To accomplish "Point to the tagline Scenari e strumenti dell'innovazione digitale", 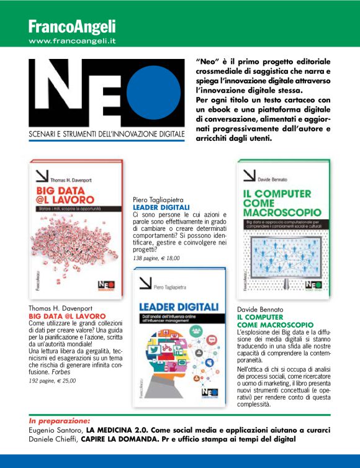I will [107, 133].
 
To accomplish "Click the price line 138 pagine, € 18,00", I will [157, 258].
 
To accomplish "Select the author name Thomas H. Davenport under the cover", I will [60, 308].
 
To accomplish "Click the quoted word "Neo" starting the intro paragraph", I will [209, 62].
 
